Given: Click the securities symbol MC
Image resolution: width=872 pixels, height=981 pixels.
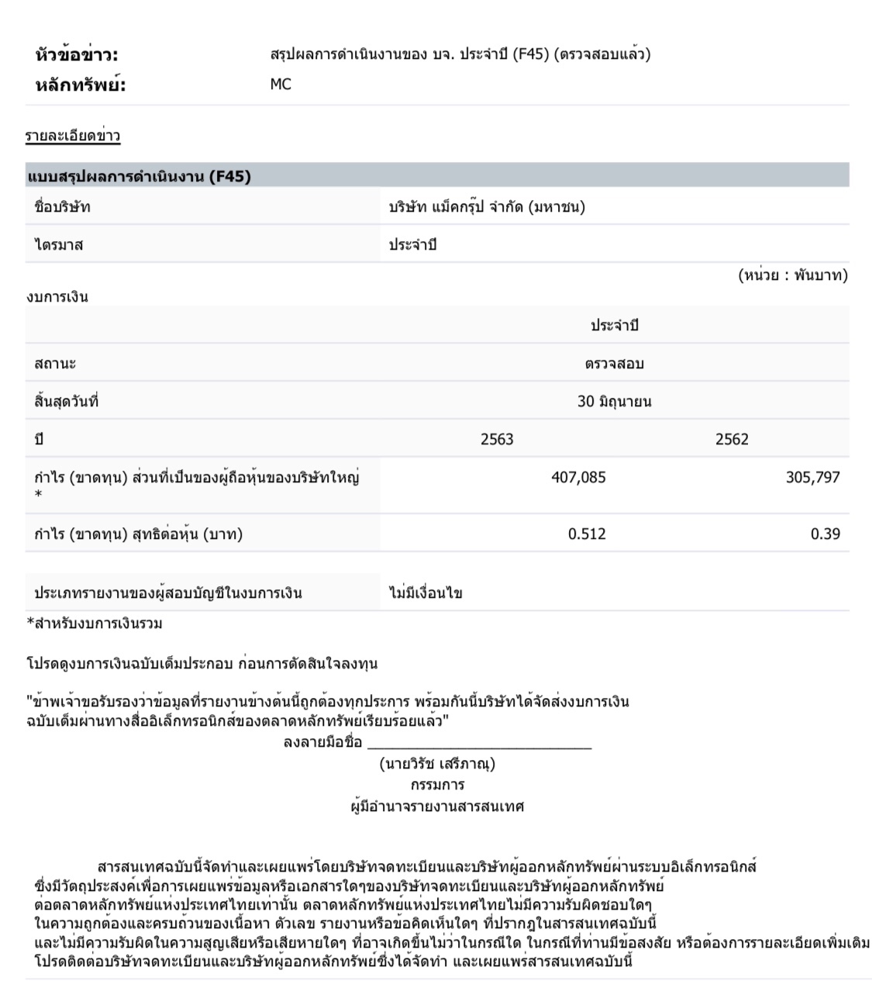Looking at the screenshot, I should click(281, 85).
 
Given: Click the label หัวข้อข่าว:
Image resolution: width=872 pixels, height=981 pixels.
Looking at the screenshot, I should click(77, 55).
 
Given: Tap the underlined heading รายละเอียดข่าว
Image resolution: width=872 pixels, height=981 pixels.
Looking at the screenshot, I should click(73, 136).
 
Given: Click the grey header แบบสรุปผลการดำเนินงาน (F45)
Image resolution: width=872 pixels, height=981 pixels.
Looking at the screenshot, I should click(140, 177).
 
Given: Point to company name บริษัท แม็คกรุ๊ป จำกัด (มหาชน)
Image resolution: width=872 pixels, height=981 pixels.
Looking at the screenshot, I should click(487, 207).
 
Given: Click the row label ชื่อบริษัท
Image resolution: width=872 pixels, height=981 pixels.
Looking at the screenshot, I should click(63, 207).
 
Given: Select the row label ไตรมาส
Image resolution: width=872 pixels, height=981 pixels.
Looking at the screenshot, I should click(59, 245).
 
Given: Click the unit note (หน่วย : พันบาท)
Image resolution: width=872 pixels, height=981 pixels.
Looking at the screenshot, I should click(793, 275).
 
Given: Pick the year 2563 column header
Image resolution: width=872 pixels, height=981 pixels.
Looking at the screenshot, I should click(497, 440).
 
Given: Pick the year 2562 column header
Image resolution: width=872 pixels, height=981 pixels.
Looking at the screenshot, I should click(732, 440).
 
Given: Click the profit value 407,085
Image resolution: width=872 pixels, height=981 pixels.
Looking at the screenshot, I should click(578, 478).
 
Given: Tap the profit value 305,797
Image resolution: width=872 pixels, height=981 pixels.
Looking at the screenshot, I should click(812, 478).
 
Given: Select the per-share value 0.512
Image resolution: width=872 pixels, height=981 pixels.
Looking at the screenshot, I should click(587, 534).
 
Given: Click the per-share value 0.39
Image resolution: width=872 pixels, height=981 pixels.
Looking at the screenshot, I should click(825, 534).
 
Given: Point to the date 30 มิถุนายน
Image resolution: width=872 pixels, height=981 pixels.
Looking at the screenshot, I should click(614, 402).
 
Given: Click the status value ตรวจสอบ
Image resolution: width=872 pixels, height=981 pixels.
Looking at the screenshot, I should click(614, 364).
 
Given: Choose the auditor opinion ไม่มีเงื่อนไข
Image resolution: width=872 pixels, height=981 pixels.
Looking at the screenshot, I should click(426, 594).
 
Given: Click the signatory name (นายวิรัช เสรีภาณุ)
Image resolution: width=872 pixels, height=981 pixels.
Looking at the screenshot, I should click(437, 764).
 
